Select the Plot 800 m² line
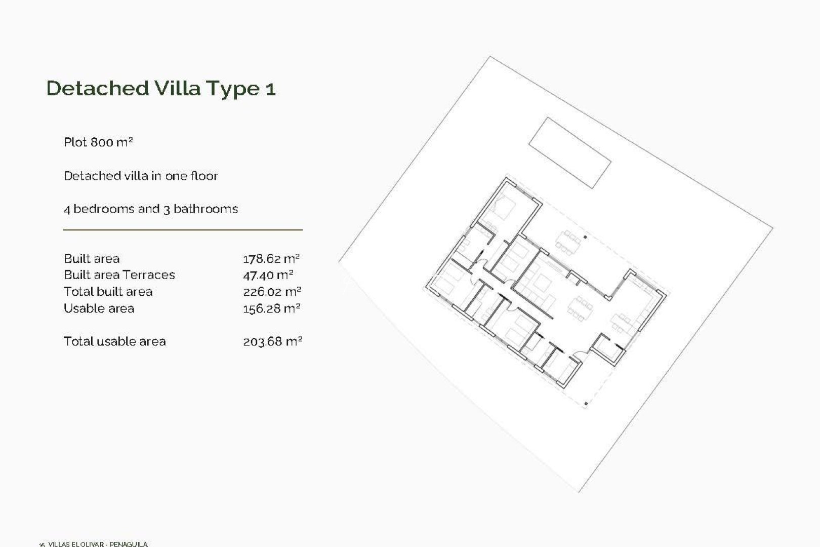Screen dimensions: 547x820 (x=98, y=142)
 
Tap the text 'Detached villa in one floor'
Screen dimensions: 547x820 (x=141, y=176)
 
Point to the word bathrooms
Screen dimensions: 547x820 (x=206, y=209)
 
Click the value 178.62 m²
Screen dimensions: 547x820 (x=271, y=259)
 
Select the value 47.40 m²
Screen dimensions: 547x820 (x=268, y=275)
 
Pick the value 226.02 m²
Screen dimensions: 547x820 (x=272, y=292)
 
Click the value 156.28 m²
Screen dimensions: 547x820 (x=271, y=308)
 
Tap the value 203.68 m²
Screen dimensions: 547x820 (x=272, y=341)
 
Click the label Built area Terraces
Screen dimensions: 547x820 (x=119, y=275)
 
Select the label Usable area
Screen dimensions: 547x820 (x=99, y=308)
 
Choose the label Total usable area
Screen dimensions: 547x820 (x=114, y=341)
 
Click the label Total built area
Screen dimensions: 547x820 (x=108, y=292)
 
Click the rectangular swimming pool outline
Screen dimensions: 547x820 (x=569, y=152)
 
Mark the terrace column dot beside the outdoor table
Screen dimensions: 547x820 (x=586, y=237)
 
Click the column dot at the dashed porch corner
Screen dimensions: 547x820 (x=586, y=404)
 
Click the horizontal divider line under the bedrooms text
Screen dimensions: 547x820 (x=183, y=230)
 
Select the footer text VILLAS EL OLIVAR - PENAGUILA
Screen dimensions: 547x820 (x=97, y=544)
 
